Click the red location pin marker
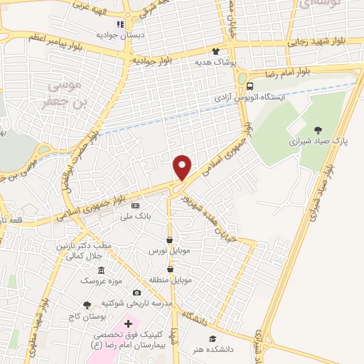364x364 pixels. tap(183, 166)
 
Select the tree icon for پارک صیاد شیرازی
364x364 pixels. tap(317, 129)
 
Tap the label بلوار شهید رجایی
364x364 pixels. tap(319, 43)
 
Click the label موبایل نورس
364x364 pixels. tap(166, 252)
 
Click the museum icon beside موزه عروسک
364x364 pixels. tap(101, 270)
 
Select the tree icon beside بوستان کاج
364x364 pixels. tap(87, 304)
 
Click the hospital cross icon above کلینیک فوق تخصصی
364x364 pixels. tap(128, 323)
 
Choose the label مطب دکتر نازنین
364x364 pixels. tap(85, 245)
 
